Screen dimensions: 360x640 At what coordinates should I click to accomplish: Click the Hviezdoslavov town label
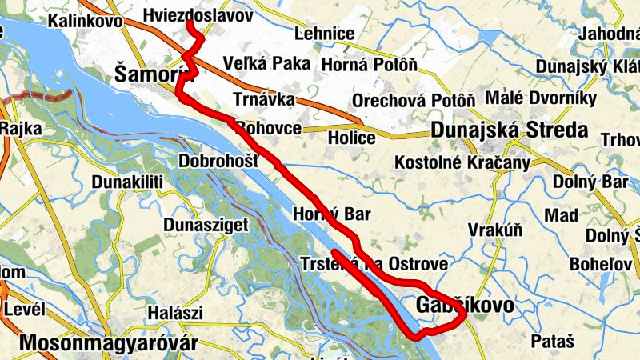click(198, 15)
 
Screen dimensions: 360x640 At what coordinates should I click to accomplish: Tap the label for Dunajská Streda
click(509, 130)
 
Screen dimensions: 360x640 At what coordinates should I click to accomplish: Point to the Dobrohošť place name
click(218, 161)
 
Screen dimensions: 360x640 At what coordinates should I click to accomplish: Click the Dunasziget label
click(206, 226)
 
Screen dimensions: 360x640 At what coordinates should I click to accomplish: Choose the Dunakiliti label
click(127, 182)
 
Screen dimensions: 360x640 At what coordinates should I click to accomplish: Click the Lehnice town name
click(324, 34)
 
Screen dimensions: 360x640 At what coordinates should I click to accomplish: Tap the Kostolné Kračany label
click(463, 163)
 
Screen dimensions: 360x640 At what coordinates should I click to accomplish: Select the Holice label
click(352, 138)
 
